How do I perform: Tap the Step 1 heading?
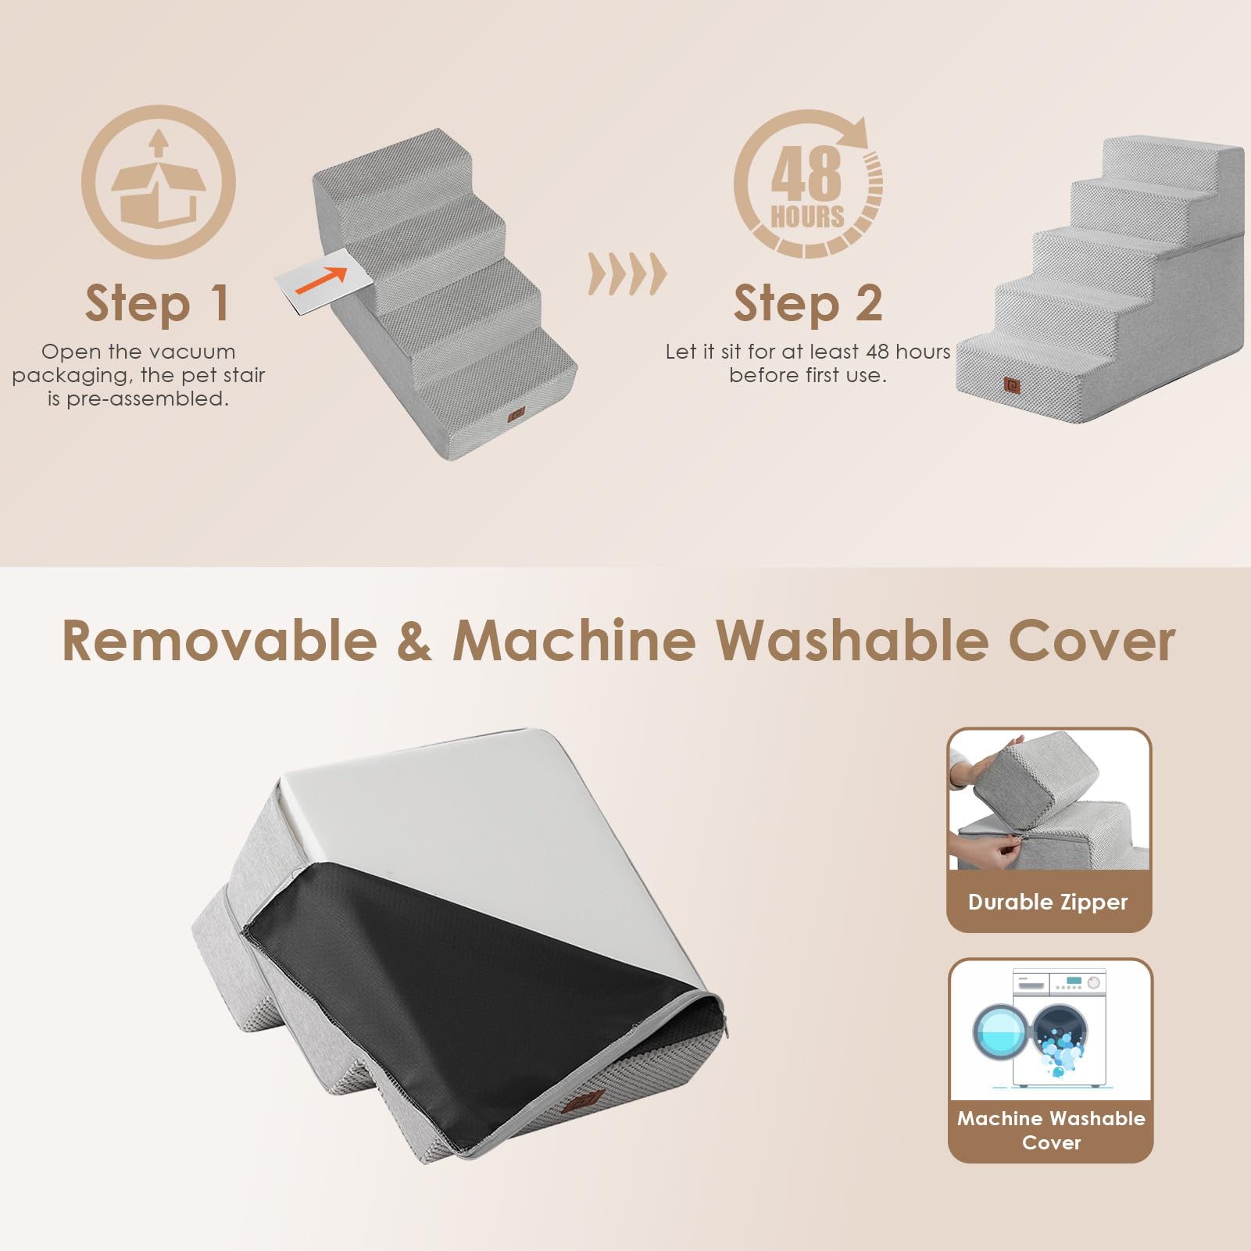[x=157, y=303]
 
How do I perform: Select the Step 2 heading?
[x=807, y=303]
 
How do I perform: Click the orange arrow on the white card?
[x=322, y=281]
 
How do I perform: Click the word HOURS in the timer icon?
[x=807, y=216]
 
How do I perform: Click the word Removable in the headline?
[x=219, y=641]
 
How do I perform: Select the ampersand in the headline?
[x=414, y=641]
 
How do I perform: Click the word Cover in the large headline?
[x=1092, y=641]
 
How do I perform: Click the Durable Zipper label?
[x=1048, y=902]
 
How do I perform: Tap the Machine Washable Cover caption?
[x=1051, y=1130]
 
